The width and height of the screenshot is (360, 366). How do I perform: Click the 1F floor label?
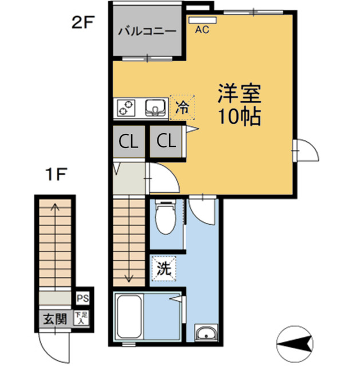[56, 173]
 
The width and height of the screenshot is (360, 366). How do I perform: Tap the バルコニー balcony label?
[147, 31]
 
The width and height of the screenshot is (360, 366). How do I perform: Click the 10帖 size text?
[239, 117]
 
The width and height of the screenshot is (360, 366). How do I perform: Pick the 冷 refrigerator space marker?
[182, 107]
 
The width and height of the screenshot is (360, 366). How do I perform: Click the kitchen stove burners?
[128, 107]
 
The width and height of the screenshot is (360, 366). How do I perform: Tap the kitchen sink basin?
[155, 107]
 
